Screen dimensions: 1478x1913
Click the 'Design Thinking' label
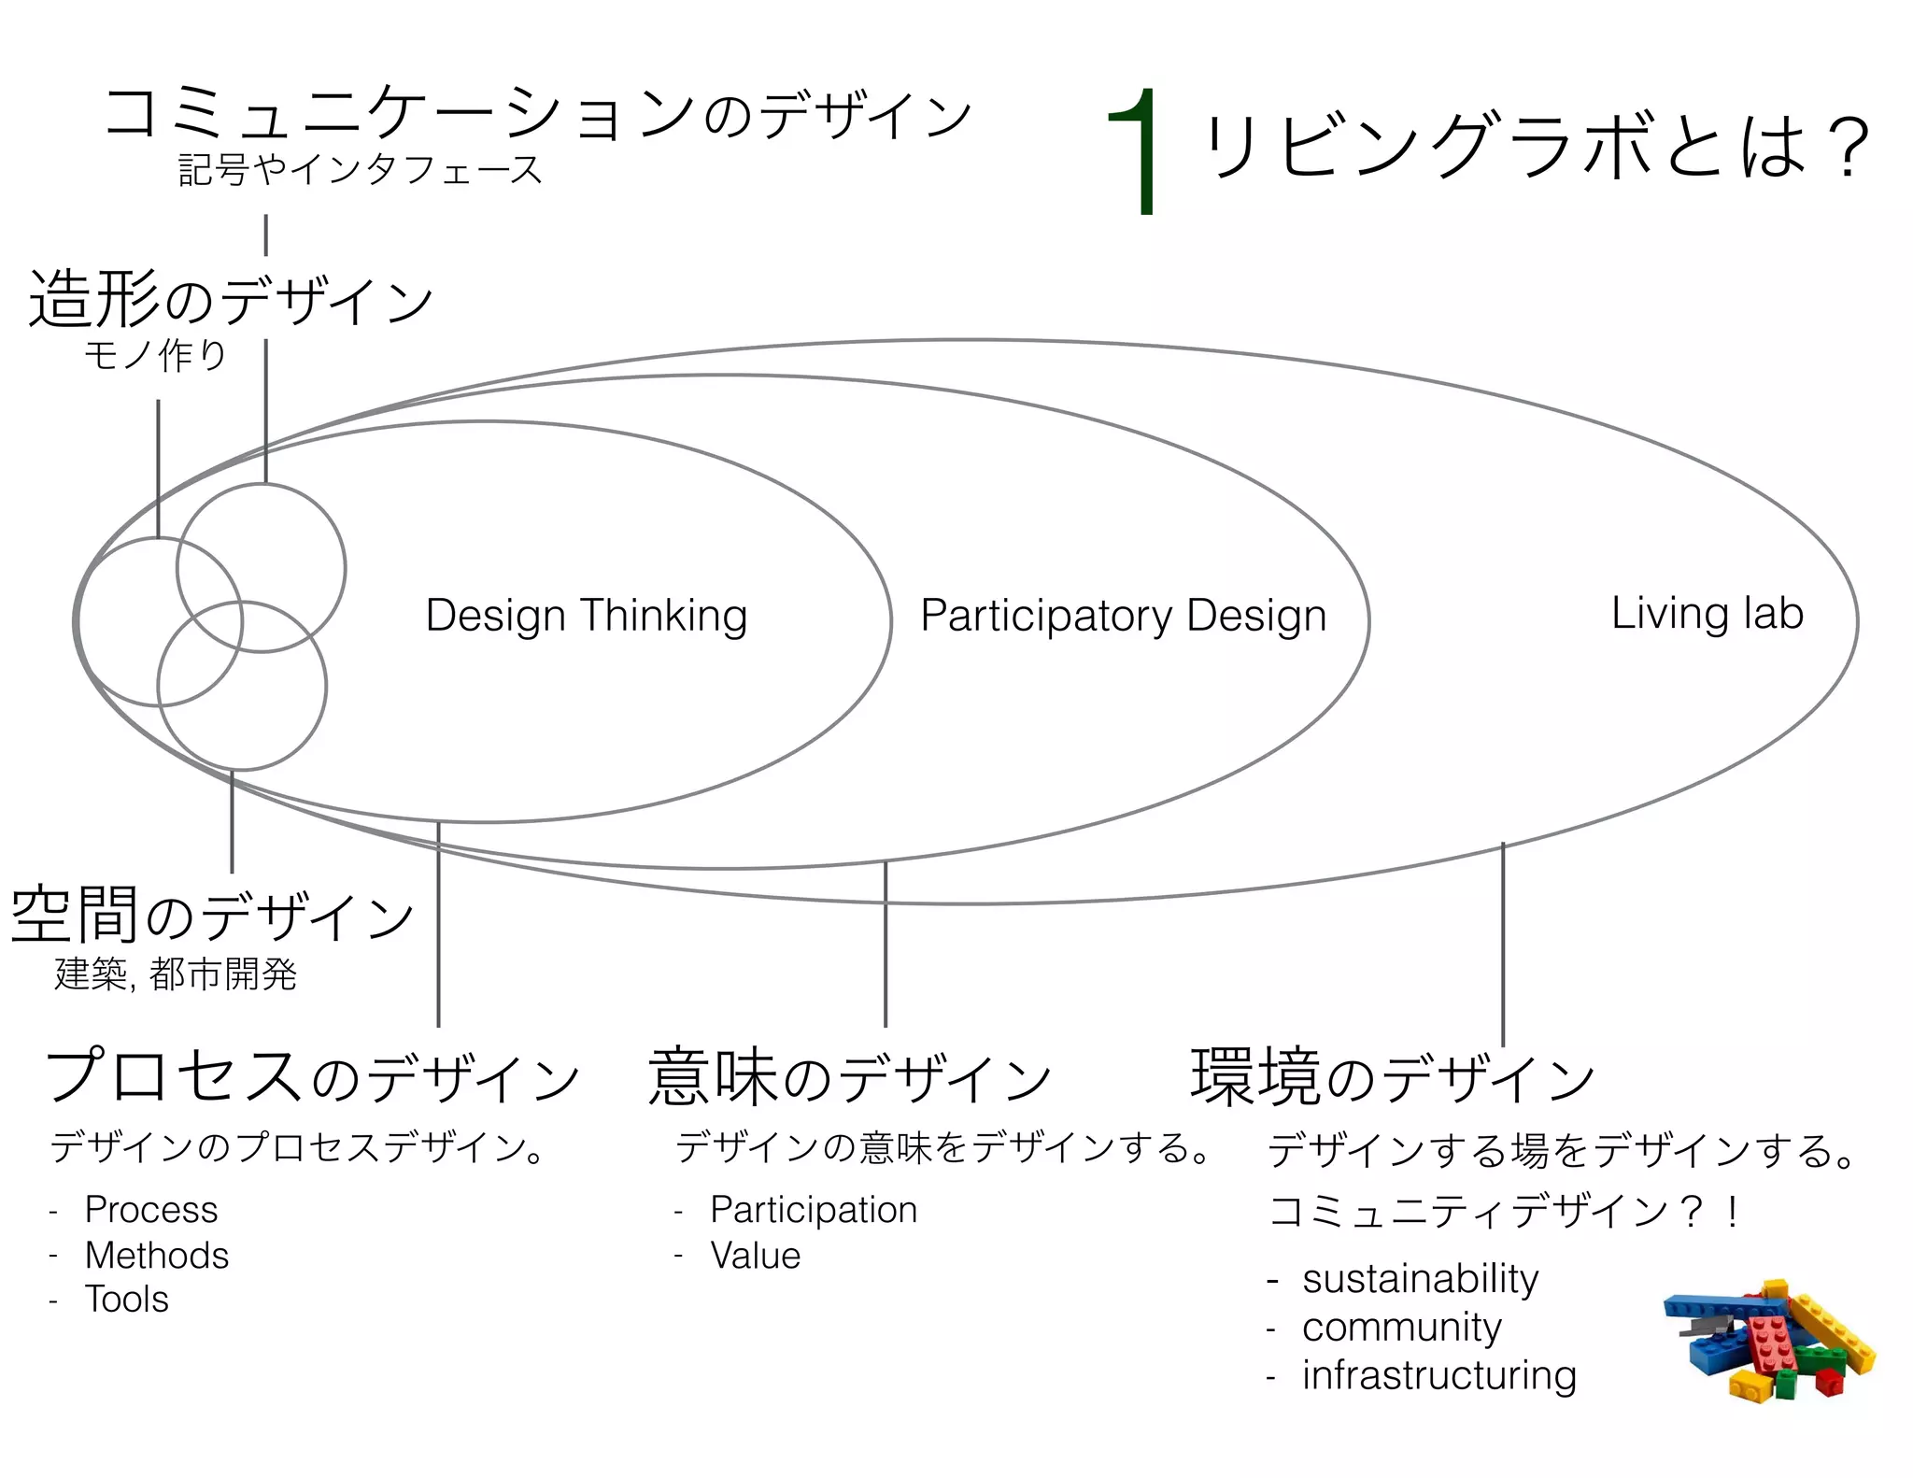587,616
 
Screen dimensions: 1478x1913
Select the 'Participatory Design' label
1124,616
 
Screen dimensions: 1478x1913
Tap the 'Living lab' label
1707,614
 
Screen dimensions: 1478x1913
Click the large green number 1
1137,152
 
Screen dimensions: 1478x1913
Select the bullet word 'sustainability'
1420,1278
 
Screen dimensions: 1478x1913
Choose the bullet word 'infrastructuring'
1438,1375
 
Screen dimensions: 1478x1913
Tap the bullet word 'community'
1401,1327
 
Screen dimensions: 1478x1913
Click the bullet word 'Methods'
157,1255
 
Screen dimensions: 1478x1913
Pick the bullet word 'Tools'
127,1300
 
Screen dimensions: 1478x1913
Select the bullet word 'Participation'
814,1210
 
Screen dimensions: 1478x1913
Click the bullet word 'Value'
755,1256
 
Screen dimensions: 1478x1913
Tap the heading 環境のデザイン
1392,1077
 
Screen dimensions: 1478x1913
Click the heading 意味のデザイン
850,1077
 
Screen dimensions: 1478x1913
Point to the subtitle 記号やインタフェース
361,170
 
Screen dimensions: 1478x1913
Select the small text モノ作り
156,355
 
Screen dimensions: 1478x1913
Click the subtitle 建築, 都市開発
176,974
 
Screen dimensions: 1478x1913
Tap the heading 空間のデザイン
213,915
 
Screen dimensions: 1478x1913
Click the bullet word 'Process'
151,1210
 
